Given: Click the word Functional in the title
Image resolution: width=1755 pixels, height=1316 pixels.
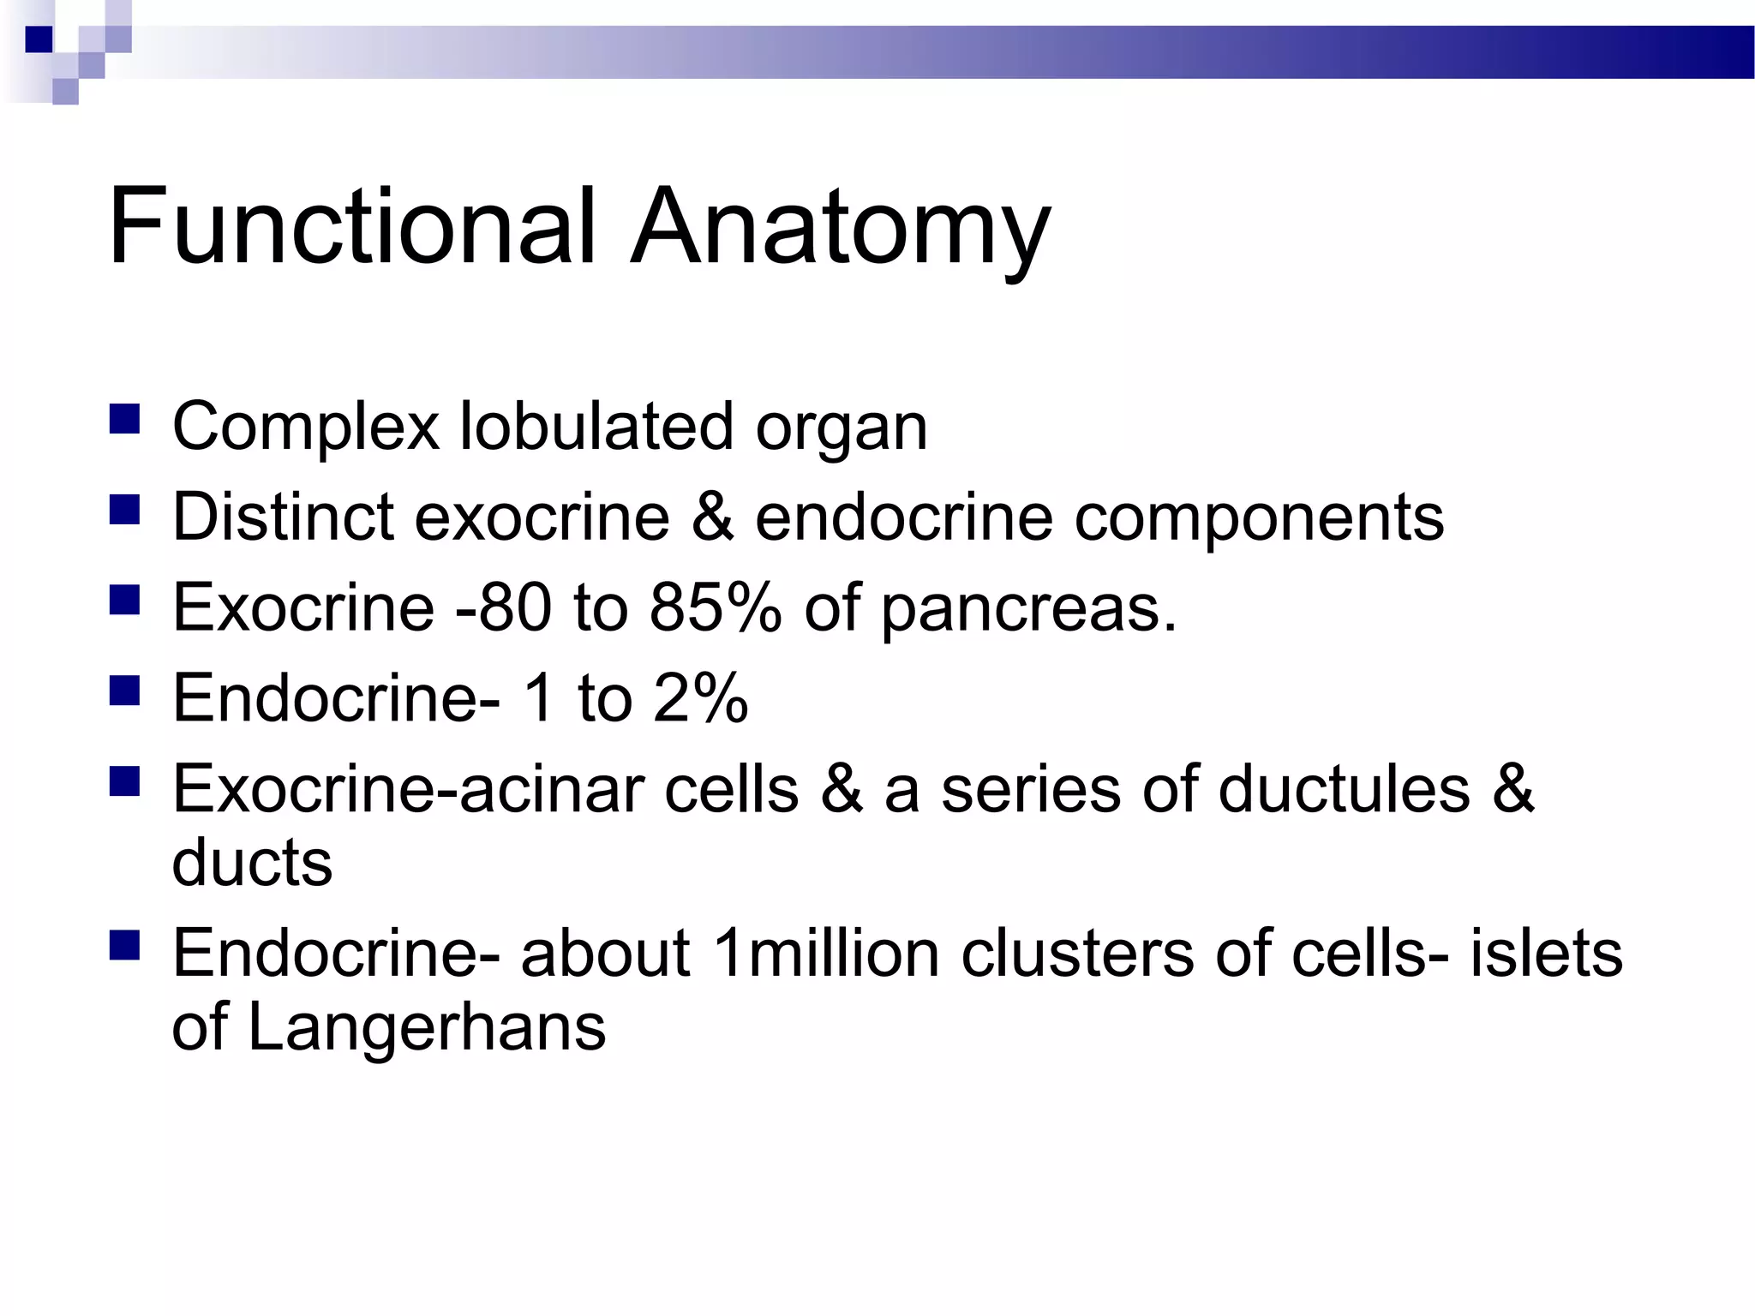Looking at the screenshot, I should [x=351, y=227].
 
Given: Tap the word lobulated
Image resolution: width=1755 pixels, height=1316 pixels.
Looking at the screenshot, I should [x=597, y=426].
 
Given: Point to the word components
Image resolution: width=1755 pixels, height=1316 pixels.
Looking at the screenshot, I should [x=1259, y=519].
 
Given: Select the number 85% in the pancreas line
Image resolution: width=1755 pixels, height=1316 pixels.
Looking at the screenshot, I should [x=716, y=607].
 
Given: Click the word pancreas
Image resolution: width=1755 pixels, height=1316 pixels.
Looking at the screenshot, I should [x=1028, y=610].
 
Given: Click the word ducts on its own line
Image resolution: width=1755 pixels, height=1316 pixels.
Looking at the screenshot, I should [x=252, y=862].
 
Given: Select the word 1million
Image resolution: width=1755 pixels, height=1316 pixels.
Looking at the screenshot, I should [x=825, y=954].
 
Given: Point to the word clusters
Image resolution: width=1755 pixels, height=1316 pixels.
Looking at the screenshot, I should [x=1076, y=954].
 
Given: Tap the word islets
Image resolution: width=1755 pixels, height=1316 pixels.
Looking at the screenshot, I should [x=1546, y=954].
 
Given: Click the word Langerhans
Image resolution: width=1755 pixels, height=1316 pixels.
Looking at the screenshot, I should [x=427, y=1028].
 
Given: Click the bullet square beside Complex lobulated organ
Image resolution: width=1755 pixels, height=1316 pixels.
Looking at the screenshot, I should [x=125, y=420].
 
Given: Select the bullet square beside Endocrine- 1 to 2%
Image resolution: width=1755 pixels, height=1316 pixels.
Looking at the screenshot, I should [x=125, y=690].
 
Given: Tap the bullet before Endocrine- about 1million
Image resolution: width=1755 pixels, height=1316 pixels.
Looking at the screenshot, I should [x=125, y=945].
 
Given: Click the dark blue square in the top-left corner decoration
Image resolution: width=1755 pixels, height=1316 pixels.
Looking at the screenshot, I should [x=39, y=39].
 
